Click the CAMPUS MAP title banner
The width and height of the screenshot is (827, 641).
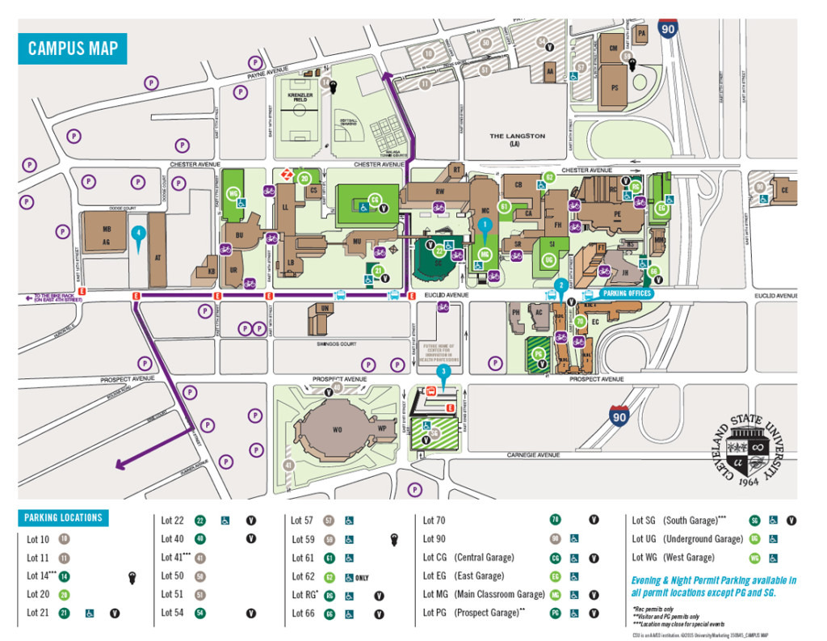click(x=73, y=48)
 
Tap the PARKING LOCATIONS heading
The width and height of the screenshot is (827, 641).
click(x=63, y=517)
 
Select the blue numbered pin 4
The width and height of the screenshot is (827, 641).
click(x=139, y=234)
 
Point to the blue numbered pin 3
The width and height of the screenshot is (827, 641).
click(x=443, y=373)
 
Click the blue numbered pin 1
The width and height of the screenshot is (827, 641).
click(x=484, y=224)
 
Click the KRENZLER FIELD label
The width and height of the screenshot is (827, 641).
click(x=300, y=98)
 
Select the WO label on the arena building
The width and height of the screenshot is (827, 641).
click(x=338, y=430)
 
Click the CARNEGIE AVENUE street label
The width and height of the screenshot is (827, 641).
click(x=533, y=455)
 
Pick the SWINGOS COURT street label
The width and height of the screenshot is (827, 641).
click(x=337, y=344)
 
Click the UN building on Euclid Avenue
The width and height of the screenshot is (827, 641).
click(x=324, y=309)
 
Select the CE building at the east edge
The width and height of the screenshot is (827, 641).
click(x=783, y=191)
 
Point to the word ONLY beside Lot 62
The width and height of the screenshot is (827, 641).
click(x=362, y=576)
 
